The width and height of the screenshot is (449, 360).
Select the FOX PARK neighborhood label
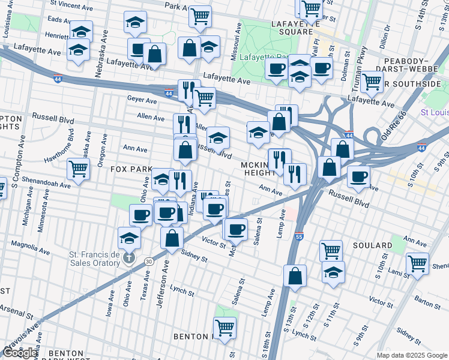(x=131, y=169)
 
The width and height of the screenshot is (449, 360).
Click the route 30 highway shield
(x=148, y=261)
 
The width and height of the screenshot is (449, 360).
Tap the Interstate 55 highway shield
(x=299, y=238)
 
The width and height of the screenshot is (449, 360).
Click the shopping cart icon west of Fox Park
(x=78, y=168)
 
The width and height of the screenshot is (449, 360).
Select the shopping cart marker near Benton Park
(x=224, y=328)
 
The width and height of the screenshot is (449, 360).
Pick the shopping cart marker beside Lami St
(x=417, y=262)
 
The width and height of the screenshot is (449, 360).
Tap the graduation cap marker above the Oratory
(x=129, y=238)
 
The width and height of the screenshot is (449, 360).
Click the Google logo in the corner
(x=20, y=353)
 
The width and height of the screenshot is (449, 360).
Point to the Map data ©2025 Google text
(x=411, y=355)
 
